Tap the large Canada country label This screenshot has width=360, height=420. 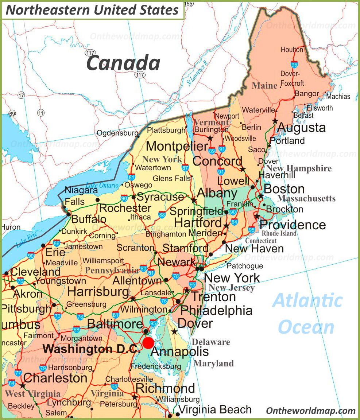click(123, 62)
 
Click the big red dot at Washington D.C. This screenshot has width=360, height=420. click(148, 343)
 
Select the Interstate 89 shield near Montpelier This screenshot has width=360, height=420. click(212, 151)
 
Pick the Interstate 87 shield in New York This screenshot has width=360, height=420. click(185, 168)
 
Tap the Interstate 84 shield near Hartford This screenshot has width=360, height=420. click(234, 222)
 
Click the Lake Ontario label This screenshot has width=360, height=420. click(102, 186)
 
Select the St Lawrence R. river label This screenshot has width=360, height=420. click(197, 73)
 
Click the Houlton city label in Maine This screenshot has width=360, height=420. click(292, 50)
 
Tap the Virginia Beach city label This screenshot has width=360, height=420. click(215, 409)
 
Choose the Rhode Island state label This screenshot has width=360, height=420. click(279, 233)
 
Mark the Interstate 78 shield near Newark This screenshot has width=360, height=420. click(176, 276)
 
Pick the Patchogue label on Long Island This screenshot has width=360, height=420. click(245, 266)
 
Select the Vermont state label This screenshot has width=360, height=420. click(211, 122)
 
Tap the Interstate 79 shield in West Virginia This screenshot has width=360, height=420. click(43, 367)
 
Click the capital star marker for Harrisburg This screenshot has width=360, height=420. click(133, 299)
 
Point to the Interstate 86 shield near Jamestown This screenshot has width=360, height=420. click(57, 243)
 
